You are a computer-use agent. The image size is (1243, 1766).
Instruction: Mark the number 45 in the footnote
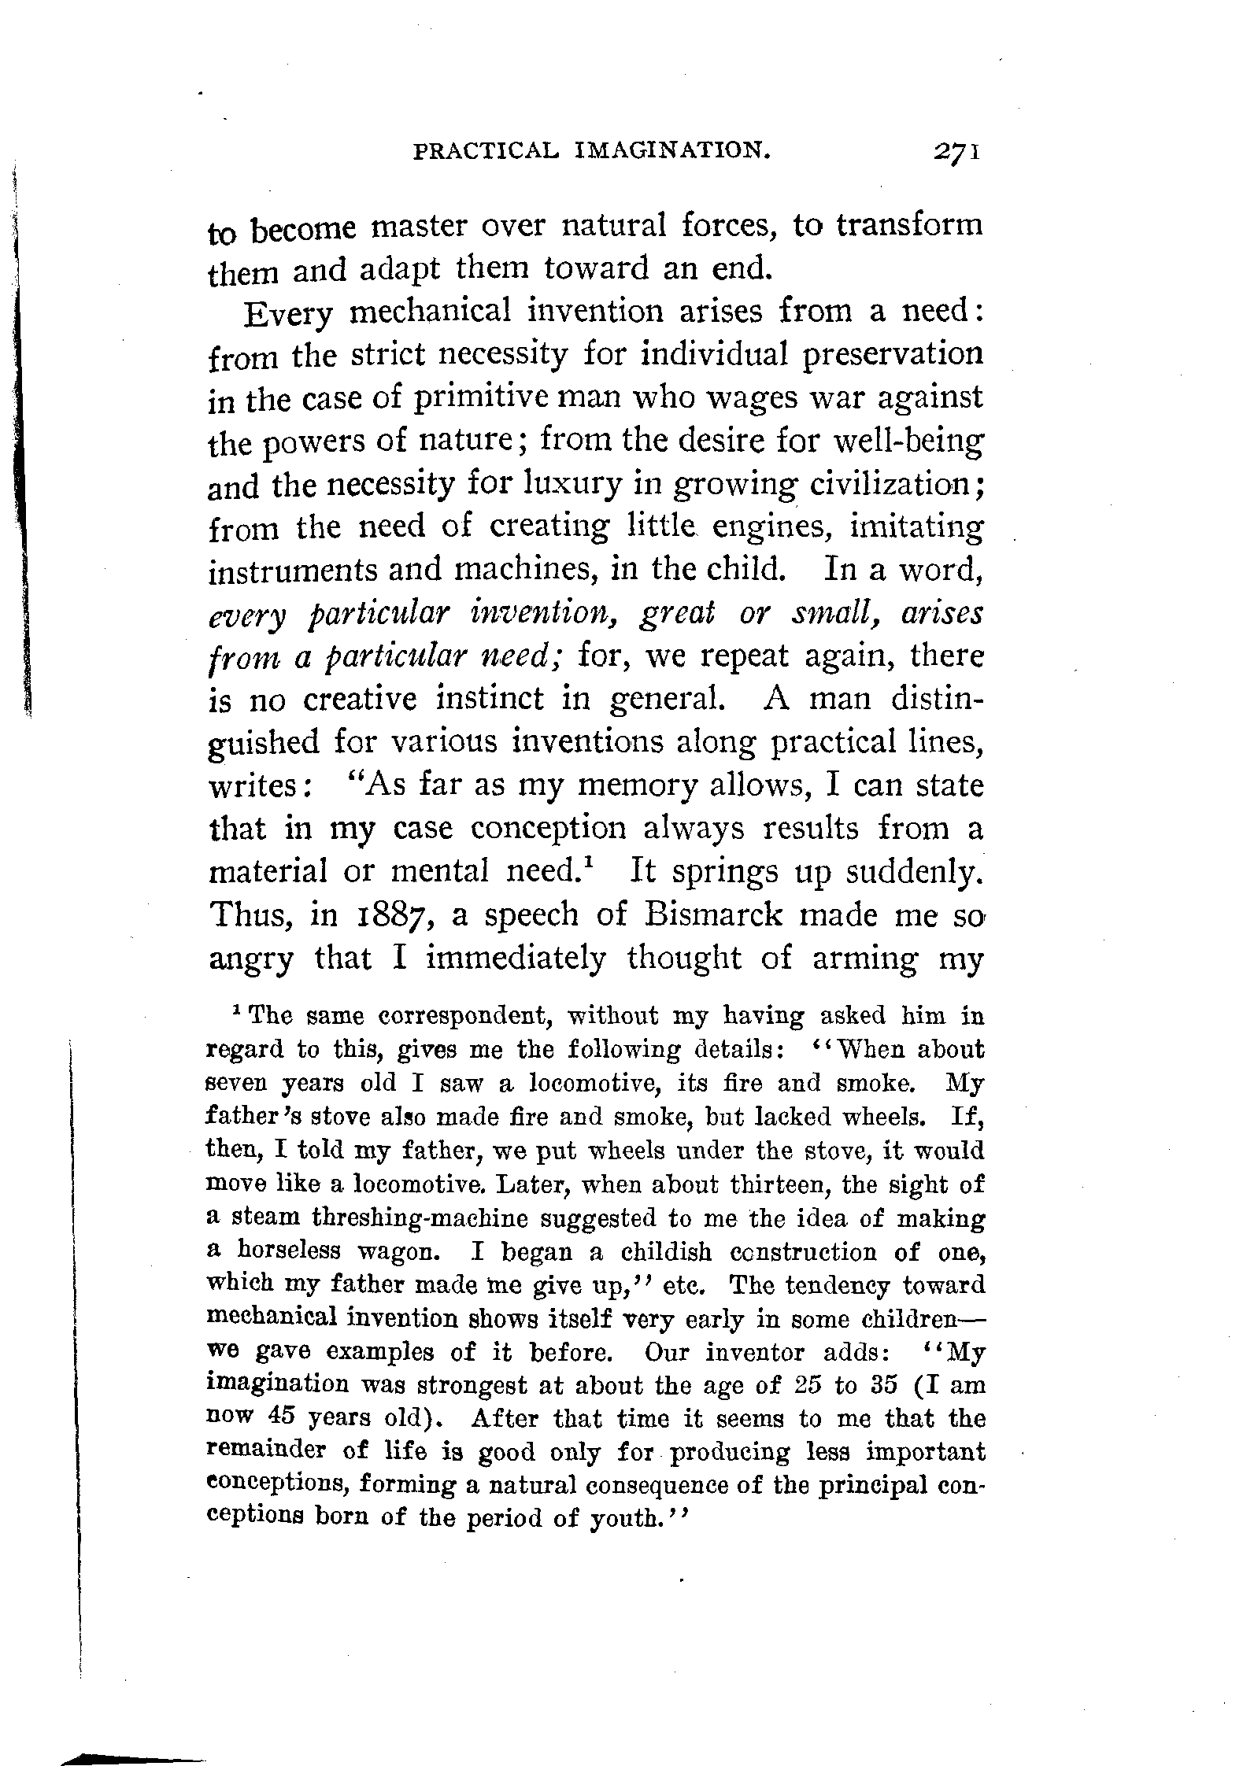pos(275,1417)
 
